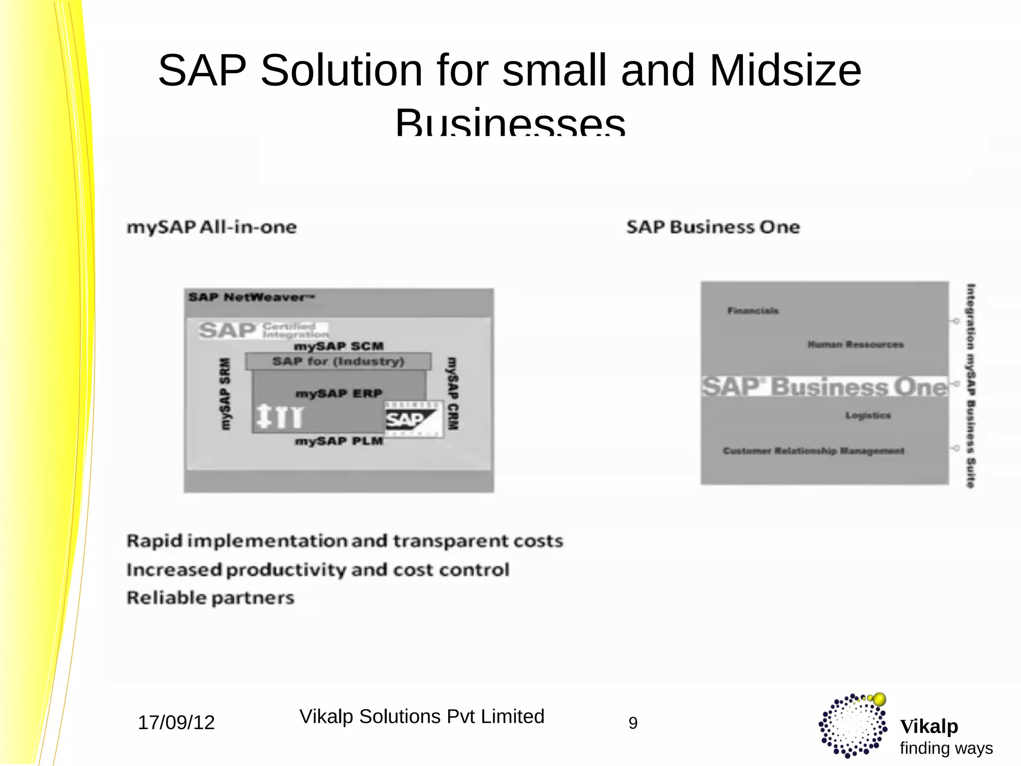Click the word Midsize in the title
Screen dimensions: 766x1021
[785, 71]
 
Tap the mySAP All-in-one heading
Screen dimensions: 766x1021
[212, 227]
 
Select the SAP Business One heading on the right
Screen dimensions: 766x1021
[713, 227]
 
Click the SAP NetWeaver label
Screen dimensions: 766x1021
[251, 298]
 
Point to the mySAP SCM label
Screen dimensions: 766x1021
[339, 346]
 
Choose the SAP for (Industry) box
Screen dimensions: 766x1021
[338, 361]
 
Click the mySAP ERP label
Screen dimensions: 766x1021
[339, 393]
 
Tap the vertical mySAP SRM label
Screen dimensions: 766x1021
[225, 393]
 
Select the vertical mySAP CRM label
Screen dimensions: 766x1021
[452, 393]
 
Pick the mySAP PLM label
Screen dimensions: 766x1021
[339, 441]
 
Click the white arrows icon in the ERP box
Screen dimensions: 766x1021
[279, 416]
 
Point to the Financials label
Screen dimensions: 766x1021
[753, 311]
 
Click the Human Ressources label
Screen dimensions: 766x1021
[855, 345]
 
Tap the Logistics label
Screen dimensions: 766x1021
[868, 415]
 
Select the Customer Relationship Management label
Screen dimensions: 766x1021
[814, 451]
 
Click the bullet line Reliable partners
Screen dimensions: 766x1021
[210, 597]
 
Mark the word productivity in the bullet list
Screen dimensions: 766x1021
[286, 570]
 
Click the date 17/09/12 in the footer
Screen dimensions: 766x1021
[176, 723]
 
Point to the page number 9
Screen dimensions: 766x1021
[633, 723]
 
